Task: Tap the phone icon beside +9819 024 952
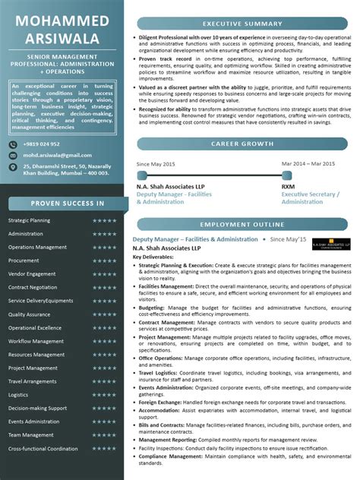pos(14,144)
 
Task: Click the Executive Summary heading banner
pos(242,24)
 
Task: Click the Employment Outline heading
pos(242,225)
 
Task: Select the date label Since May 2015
pos(157,163)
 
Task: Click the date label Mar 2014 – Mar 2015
pos(309,163)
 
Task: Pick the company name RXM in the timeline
pos(289,186)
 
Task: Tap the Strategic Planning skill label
pos(29,220)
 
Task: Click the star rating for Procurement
pos(104,261)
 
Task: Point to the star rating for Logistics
pos(104,395)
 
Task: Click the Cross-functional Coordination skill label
pos(43,449)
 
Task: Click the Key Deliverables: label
pos(153,257)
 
